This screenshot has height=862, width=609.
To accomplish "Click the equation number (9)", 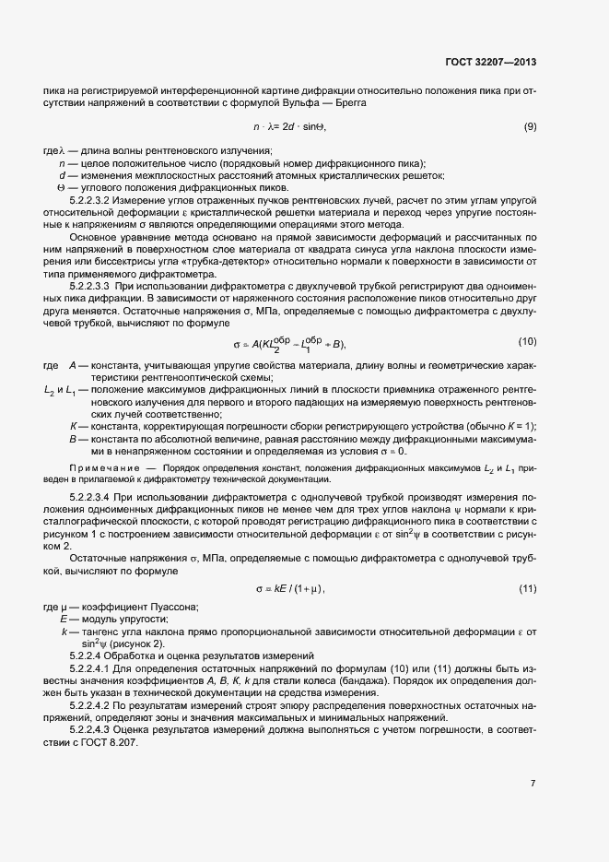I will pos(530,126).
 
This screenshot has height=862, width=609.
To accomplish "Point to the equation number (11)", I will pos(528,588).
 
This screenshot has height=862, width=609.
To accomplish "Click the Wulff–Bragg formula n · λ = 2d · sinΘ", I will pos(290,126).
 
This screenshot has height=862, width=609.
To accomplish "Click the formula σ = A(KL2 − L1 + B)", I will pos(290,345).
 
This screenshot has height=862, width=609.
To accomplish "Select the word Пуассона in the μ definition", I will pos(176,607).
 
